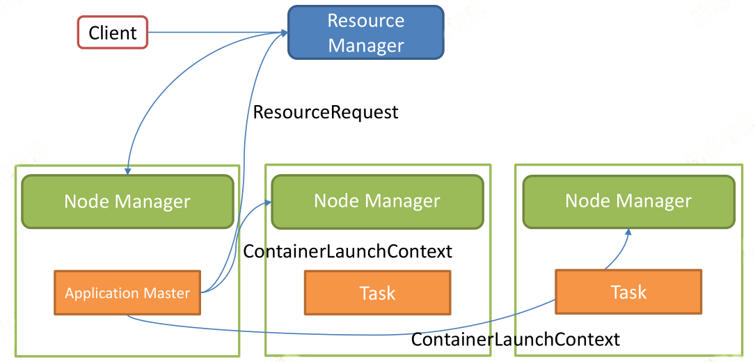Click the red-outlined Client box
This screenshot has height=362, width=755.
coord(113,33)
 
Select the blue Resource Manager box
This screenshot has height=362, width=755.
coord(365,32)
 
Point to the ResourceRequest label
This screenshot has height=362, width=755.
coord(326,112)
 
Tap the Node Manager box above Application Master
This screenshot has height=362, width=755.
coord(127,201)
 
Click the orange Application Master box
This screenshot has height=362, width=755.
coord(127,293)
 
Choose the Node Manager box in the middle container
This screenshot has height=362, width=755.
coord(377,201)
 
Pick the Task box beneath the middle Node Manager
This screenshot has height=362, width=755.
coord(377,292)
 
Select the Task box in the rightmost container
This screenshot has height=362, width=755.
coord(628,292)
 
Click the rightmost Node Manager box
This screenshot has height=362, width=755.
coord(628,201)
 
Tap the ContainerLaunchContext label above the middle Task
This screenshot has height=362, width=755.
coord(348,251)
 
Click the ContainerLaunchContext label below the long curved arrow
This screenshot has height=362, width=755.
coord(515,339)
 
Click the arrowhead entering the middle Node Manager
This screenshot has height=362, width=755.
coord(268,203)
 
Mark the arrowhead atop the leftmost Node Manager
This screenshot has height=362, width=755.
coord(127,171)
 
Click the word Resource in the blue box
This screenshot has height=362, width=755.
coord(366,21)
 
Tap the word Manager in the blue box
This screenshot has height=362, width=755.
coord(366,46)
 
